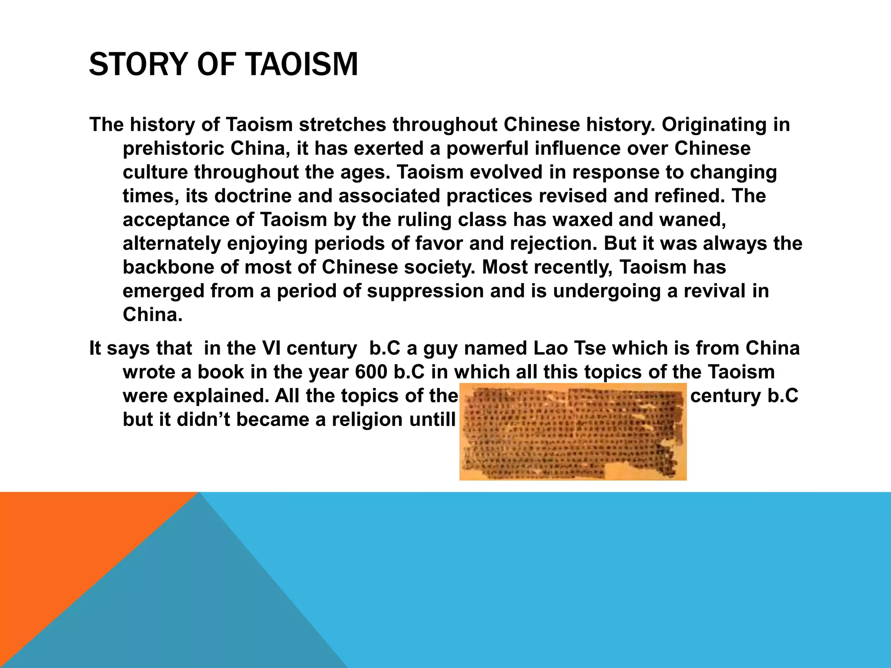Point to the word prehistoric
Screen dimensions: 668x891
173,149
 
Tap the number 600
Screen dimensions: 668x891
371,372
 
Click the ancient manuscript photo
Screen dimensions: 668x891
573,431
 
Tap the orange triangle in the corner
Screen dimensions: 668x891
65,544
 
